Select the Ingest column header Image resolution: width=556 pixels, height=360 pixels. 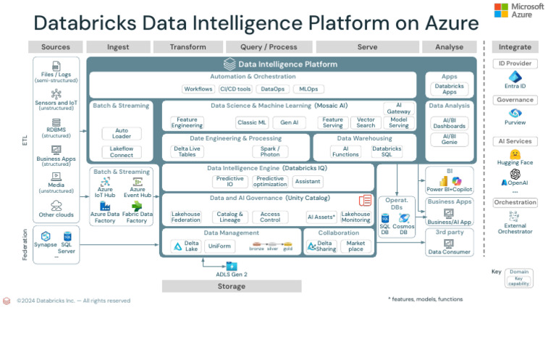coord(118,47)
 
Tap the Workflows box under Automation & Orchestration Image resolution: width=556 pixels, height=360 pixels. coord(198,89)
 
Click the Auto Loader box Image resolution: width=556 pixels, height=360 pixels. coord(122,134)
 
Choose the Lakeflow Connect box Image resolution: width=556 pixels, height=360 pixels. coord(122,152)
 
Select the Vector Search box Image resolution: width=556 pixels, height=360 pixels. coord(366,122)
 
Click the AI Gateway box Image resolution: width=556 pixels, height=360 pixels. coord(398,108)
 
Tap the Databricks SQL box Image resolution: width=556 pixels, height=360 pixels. coord(387,152)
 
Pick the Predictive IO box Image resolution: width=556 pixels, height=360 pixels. coord(230,182)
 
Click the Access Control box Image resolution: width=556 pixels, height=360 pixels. coord(270,217)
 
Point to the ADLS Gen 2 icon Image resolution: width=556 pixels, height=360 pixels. coord(232,266)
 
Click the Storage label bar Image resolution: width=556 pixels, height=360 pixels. coord(232,286)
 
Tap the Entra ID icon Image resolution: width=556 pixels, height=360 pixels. coord(515,77)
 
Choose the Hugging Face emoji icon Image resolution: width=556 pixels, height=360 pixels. coord(515,154)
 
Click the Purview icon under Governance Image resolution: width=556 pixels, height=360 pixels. coord(515,113)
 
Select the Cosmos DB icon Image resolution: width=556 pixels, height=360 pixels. coord(404,218)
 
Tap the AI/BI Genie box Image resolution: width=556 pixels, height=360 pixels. coord(449,140)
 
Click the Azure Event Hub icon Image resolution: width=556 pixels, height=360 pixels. coord(138,182)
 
